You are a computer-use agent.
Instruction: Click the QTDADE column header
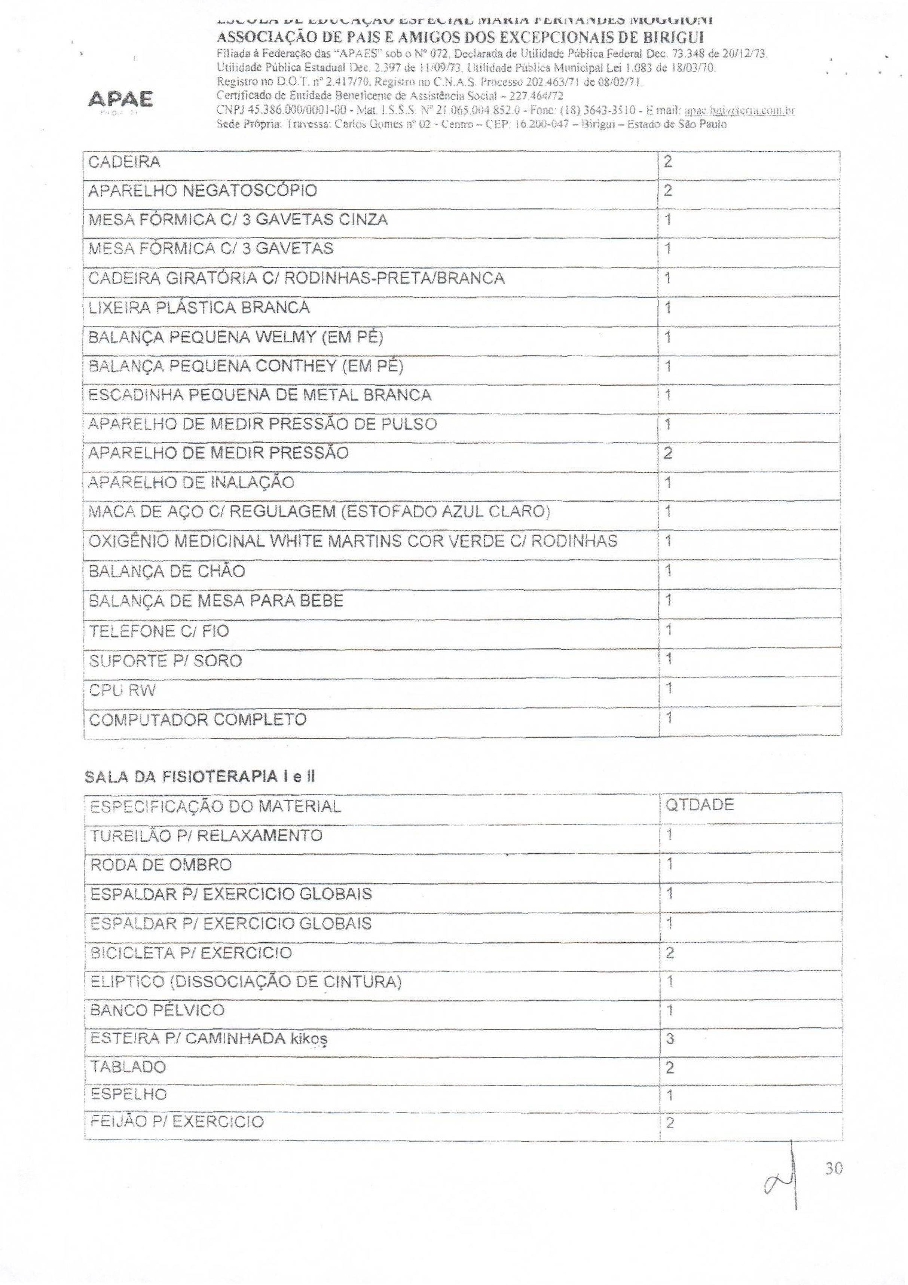tap(698, 805)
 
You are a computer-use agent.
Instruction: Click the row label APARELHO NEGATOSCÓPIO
tap(203, 191)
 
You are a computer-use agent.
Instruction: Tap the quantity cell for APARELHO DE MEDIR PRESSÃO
tap(668, 453)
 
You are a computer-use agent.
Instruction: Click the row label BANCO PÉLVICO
tap(157, 1010)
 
